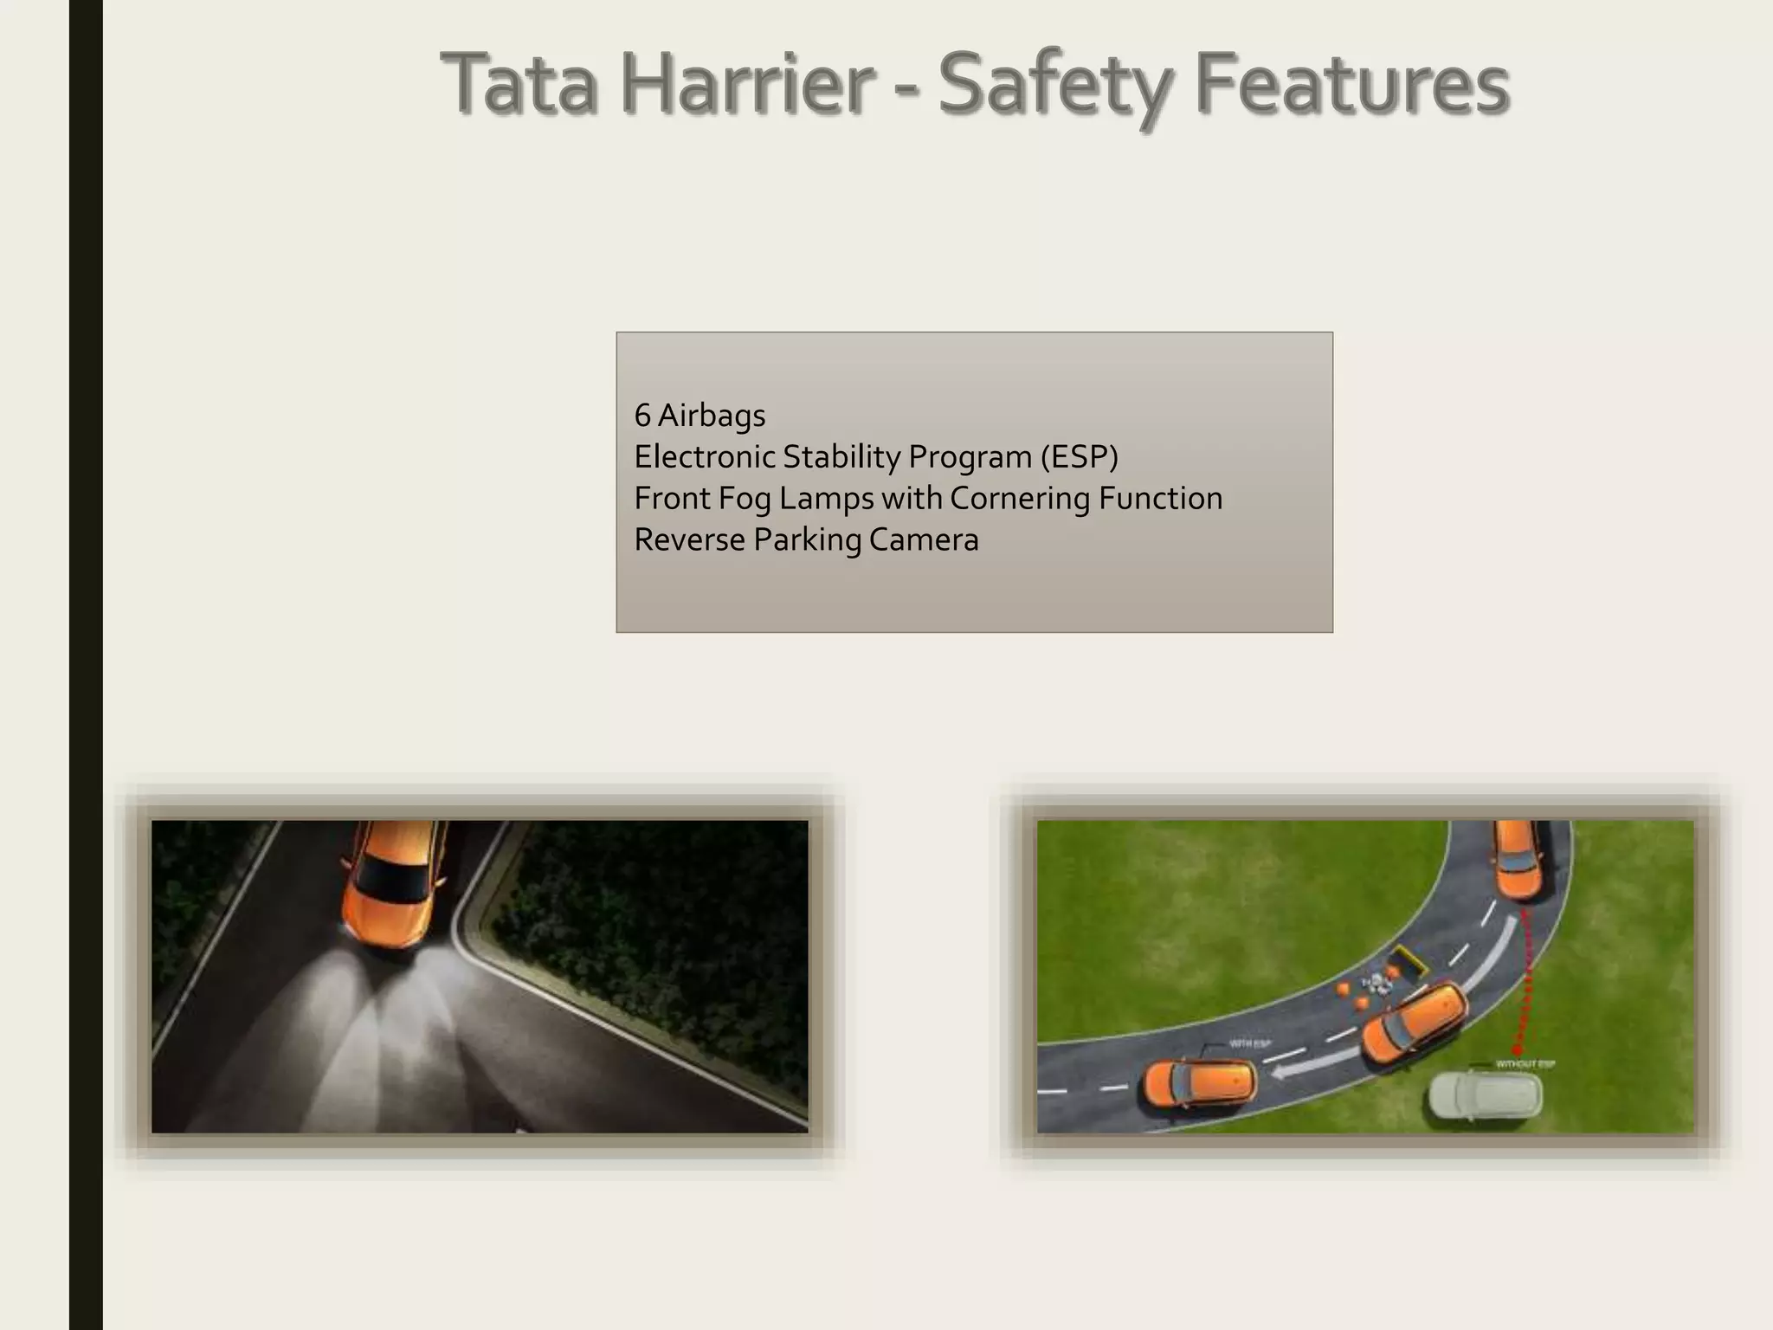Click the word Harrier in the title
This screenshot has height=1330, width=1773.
pyautogui.click(x=745, y=85)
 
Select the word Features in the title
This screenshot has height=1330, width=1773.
pyautogui.click(x=1352, y=85)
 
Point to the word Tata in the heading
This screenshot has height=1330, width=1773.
pyautogui.click(x=519, y=85)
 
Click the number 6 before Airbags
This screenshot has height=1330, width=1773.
pyautogui.click(x=642, y=416)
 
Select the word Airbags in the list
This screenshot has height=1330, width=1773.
pyautogui.click(x=712, y=416)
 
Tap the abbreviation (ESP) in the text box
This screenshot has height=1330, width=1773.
pyautogui.click(x=1079, y=456)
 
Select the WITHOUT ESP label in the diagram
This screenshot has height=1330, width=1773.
pyautogui.click(x=1525, y=1064)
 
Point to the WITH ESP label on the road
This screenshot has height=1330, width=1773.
pyautogui.click(x=1249, y=1043)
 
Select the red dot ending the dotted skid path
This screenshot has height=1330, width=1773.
pyautogui.click(x=1517, y=1049)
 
